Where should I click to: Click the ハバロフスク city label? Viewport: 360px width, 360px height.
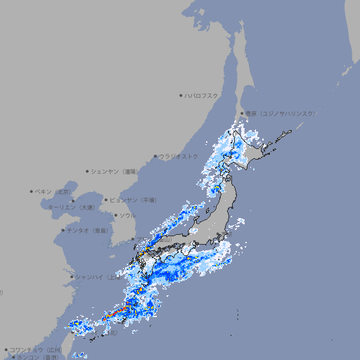(202, 95)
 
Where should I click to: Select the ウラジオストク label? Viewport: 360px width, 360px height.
(179, 156)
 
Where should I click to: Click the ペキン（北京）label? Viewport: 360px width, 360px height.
(54, 191)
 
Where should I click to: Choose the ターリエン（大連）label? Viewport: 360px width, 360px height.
(71, 207)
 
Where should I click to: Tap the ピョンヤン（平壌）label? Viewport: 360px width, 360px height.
(134, 200)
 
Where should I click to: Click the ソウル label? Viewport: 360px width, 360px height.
(127, 215)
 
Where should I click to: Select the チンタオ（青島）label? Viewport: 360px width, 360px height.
(87, 230)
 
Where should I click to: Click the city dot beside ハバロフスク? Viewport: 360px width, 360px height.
(181, 95)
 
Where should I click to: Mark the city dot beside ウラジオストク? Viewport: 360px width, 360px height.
(155, 156)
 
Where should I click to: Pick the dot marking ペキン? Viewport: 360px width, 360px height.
(32, 191)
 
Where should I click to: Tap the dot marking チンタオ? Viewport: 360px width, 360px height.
(63, 230)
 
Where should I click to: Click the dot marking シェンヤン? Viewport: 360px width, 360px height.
(87, 171)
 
